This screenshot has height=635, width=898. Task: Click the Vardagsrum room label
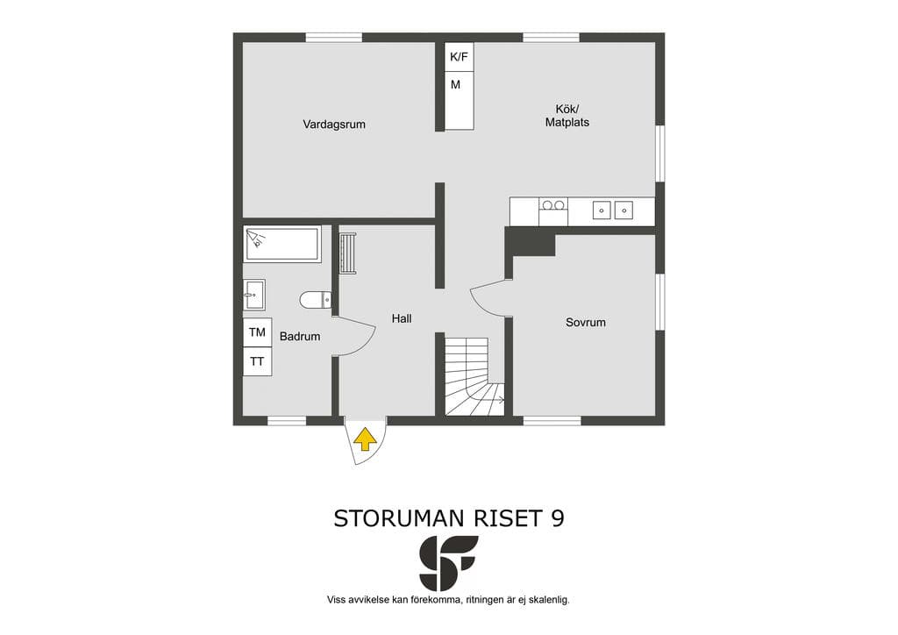click(x=334, y=125)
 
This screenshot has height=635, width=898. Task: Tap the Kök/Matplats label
click(x=567, y=116)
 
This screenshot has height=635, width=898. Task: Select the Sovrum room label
click(x=585, y=323)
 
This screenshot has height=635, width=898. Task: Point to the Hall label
click(x=402, y=318)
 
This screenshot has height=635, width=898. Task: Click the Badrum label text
click(x=300, y=337)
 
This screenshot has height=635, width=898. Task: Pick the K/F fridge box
click(x=460, y=57)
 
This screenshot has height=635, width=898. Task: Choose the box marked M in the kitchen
click(x=460, y=100)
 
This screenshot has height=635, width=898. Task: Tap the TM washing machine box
click(x=257, y=332)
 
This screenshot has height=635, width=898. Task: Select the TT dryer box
click(x=257, y=361)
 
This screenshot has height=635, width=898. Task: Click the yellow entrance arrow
click(x=366, y=439)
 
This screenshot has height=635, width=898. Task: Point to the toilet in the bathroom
click(x=315, y=299)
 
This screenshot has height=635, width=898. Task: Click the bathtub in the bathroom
click(x=282, y=244)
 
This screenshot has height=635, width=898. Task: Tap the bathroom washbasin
click(x=253, y=295)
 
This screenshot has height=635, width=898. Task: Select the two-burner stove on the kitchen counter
click(x=553, y=211)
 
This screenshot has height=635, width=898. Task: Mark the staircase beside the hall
click(x=474, y=376)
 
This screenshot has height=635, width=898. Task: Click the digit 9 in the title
click(x=557, y=518)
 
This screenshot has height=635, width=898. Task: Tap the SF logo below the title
click(x=448, y=563)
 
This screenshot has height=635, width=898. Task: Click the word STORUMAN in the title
click(x=399, y=518)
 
